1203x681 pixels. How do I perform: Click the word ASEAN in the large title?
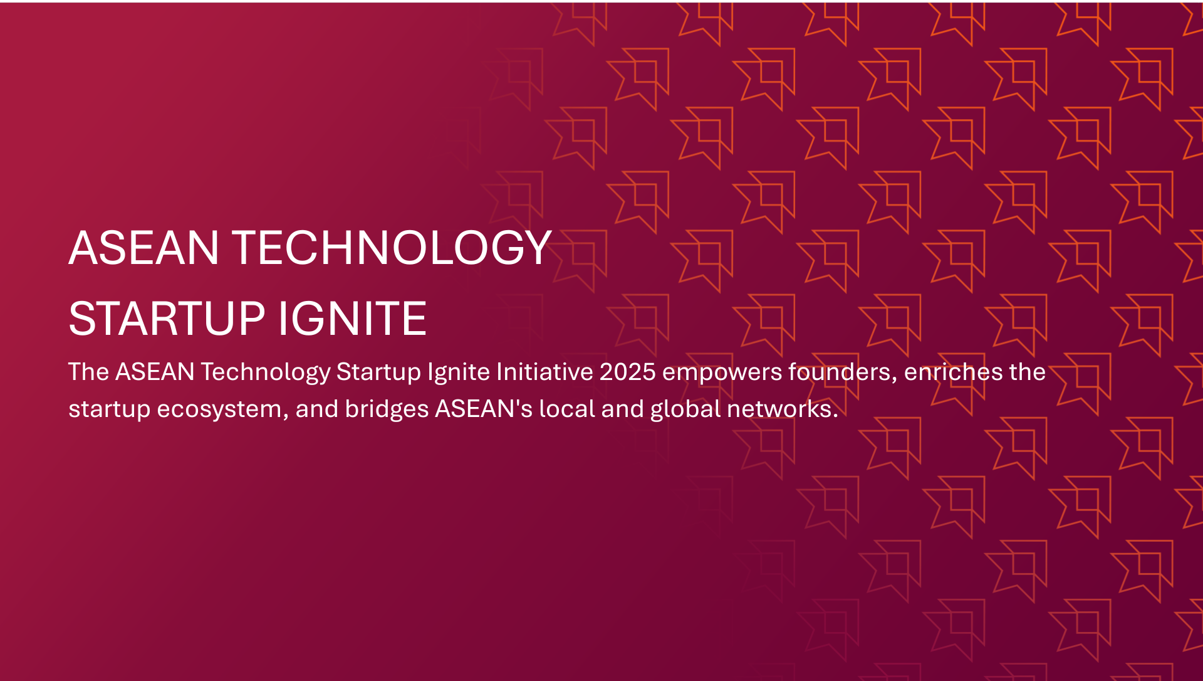pyautogui.click(x=143, y=248)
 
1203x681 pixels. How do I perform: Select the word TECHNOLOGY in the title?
pyautogui.click(x=392, y=248)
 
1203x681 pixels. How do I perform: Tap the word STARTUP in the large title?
pyautogui.click(x=167, y=319)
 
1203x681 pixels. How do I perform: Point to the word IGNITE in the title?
pyautogui.click(x=352, y=319)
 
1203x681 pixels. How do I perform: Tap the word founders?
pyautogui.click(x=843, y=372)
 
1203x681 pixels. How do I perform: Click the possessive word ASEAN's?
pyautogui.click(x=484, y=409)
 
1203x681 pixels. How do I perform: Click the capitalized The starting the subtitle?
pyautogui.click(x=88, y=372)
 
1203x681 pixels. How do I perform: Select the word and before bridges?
pyautogui.click(x=316, y=409)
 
